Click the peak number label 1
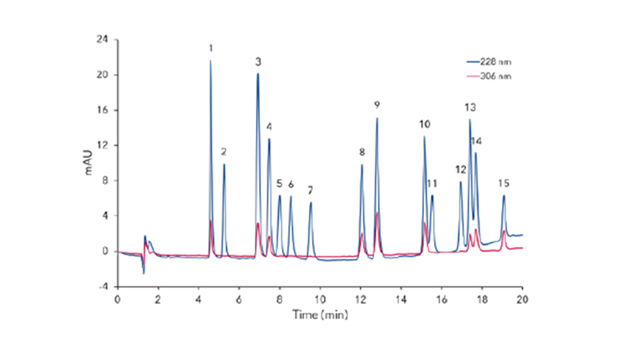click(x=211, y=48)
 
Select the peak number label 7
click(x=310, y=189)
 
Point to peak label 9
click(x=376, y=104)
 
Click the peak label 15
click(x=504, y=183)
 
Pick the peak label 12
click(x=460, y=170)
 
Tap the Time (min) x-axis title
click(x=320, y=314)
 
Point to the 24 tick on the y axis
click(x=103, y=40)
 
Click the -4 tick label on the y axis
click(x=103, y=286)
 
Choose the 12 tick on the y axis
click(x=103, y=145)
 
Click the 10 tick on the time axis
click(x=320, y=298)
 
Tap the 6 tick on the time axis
click(x=239, y=298)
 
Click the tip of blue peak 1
click(x=211, y=60)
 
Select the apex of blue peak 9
click(x=377, y=118)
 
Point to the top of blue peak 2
click(x=224, y=164)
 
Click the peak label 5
click(x=279, y=183)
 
